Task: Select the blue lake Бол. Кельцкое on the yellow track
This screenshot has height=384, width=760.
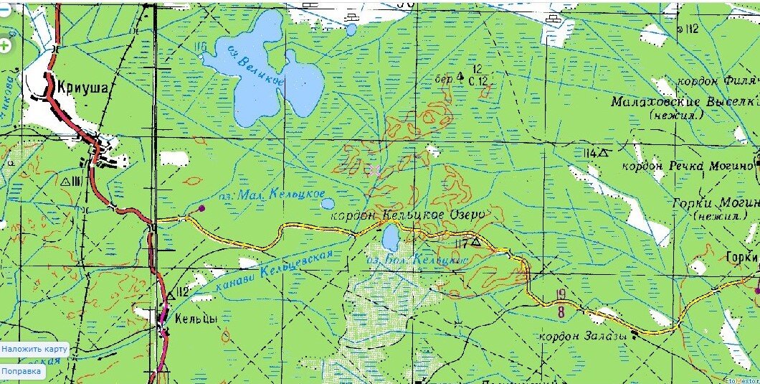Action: (391, 236)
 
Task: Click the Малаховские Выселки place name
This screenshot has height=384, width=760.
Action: (685, 102)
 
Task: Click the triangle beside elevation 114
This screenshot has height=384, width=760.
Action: (604, 152)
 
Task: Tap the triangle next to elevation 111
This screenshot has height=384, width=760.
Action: (67, 182)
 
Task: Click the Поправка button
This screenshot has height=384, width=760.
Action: (22, 372)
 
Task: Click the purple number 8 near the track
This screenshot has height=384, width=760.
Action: (560, 312)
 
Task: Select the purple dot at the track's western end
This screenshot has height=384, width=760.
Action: (201, 209)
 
